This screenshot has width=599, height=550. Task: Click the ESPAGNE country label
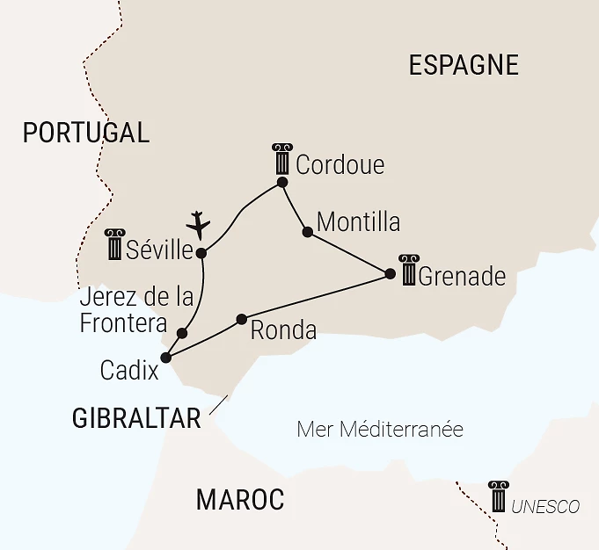click(x=464, y=65)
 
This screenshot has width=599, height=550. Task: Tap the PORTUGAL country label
click(x=86, y=133)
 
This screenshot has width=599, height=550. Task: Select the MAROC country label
click(x=240, y=500)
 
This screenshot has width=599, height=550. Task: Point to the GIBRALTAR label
click(x=136, y=419)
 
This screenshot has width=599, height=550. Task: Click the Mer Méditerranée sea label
click(x=380, y=430)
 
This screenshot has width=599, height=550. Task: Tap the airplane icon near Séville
click(x=200, y=224)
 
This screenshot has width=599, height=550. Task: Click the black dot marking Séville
click(x=201, y=253)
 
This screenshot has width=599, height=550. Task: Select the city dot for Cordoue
click(x=282, y=183)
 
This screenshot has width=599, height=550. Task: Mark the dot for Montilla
click(x=307, y=232)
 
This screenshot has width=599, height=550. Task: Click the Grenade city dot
click(x=391, y=274)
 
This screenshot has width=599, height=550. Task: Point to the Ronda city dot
click(x=241, y=318)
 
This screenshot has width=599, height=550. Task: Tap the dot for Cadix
click(x=165, y=357)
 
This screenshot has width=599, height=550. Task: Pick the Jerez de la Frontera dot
click(x=182, y=333)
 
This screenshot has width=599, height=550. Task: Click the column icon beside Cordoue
click(x=281, y=159)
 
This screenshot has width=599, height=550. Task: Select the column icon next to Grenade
click(x=408, y=270)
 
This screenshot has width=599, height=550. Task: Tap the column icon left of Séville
click(x=115, y=244)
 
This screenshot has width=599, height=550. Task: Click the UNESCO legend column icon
click(x=499, y=496)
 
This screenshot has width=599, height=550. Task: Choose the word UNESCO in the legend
click(x=545, y=507)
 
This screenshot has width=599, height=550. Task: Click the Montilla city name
click(x=358, y=222)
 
